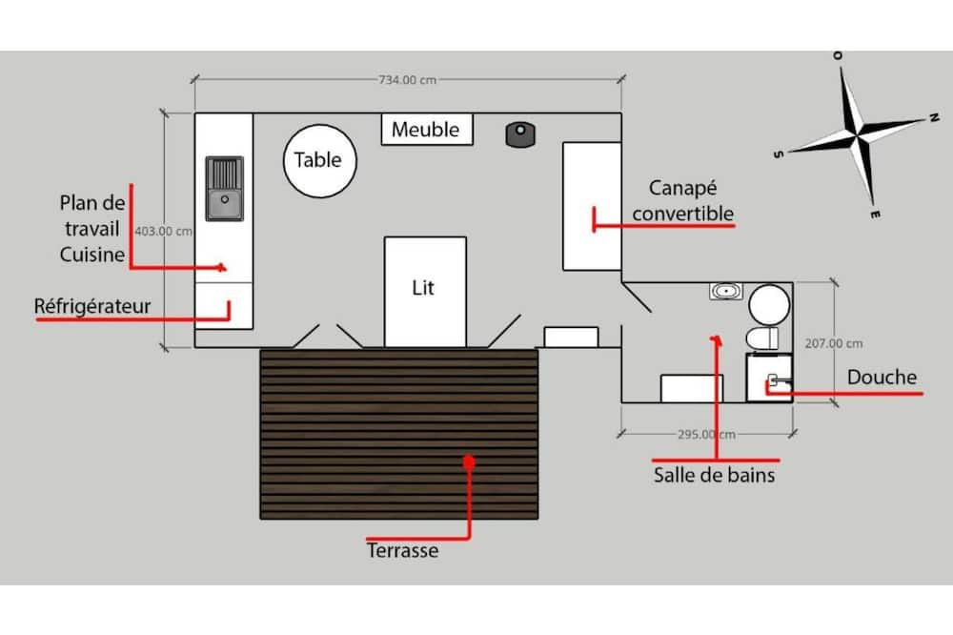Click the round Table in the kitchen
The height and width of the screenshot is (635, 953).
(x=319, y=160)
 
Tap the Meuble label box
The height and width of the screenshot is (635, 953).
(x=426, y=130)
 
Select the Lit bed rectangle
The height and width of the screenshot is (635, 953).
(x=424, y=288)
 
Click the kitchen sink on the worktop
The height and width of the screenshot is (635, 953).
(x=225, y=189)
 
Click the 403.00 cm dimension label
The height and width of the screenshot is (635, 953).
(x=164, y=231)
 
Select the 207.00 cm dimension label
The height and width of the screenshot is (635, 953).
(x=834, y=343)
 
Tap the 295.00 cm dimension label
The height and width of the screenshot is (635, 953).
(x=706, y=435)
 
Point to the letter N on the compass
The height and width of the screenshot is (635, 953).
(x=932, y=119)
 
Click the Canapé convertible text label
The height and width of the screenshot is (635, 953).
(x=683, y=200)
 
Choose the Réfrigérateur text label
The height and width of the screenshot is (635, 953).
(x=93, y=306)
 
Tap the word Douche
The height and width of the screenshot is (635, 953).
(x=882, y=378)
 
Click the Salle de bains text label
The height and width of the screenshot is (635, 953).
(x=714, y=474)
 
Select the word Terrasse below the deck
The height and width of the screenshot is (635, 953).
(x=403, y=550)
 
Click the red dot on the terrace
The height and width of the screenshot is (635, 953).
(x=468, y=461)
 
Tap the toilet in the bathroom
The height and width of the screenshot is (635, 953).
(x=763, y=338)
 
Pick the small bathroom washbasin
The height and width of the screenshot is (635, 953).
(x=726, y=291)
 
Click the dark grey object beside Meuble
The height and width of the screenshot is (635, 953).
(x=518, y=134)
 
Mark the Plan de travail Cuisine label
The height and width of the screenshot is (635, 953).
(x=91, y=228)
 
